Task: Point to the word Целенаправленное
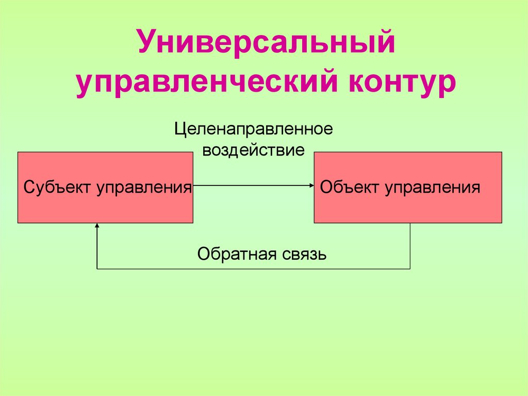tap(253, 129)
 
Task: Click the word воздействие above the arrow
tap(253, 151)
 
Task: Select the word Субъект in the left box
tap(57, 186)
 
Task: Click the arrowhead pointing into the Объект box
tap(311, 185)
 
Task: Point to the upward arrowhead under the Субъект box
tap(97, 226)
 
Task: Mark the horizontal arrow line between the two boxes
tap(253, 185)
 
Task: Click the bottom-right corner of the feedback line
tap(410, 268)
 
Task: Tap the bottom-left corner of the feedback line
tap(97, 268)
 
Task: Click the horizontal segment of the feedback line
tap(253, 268)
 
